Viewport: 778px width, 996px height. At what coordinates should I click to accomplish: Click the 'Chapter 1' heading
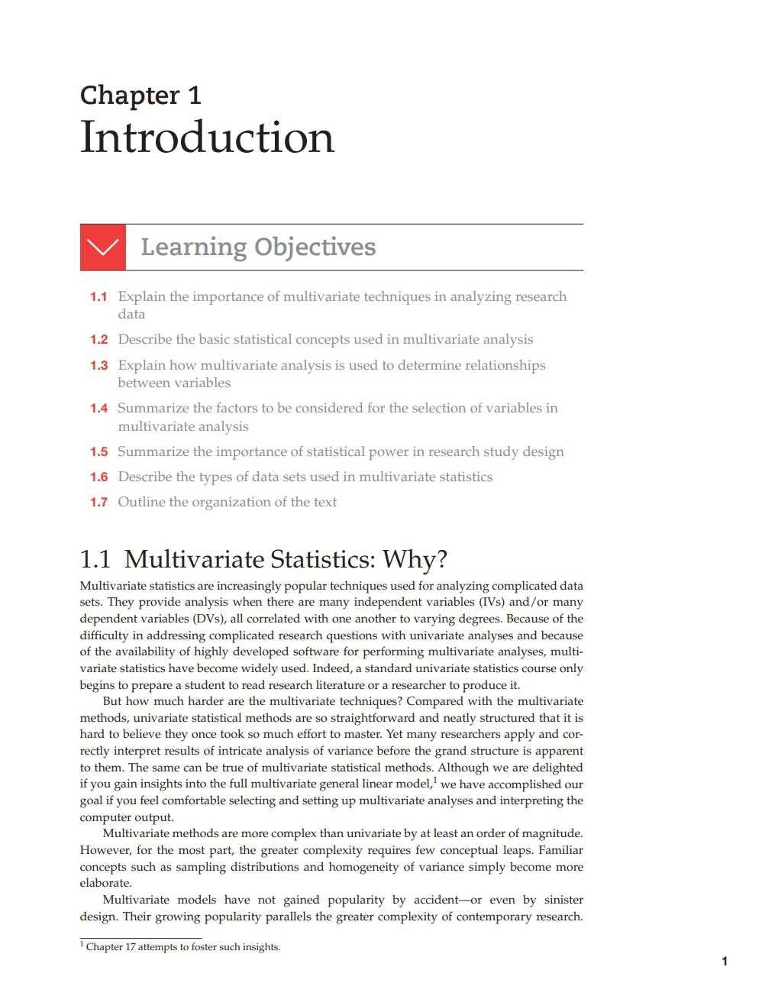[x=140, y=95]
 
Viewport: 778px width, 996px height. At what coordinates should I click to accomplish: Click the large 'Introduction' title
[x=207, y=137]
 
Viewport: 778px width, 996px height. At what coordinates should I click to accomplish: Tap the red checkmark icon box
[x=102, y=247]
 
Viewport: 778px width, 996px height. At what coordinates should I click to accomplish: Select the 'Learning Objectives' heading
[x=258, y=247]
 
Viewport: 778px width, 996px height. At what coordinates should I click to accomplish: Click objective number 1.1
[x=98, y=296]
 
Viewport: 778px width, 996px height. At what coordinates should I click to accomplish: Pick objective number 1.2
[x=98, y=340]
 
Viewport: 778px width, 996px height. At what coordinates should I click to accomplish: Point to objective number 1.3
[x=98, y=365]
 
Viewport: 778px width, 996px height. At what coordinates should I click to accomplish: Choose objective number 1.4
[x=98, y=409]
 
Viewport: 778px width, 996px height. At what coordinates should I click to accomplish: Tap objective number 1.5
[x=98, y=452]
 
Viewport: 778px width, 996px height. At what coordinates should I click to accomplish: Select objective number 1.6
[x=98, y=477]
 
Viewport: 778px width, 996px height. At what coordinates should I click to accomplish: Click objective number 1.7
[x=98, y=503]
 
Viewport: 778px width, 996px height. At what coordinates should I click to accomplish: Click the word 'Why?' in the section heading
[x=415, y=560]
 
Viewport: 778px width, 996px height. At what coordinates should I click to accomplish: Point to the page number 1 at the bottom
[x=724, y=961]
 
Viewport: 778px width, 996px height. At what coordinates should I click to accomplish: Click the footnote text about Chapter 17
[x=182, y=947]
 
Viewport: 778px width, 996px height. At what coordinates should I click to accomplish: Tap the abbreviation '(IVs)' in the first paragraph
[x=491, y=602]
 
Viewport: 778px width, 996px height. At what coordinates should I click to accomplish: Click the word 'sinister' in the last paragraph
[x=563, y=900]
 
